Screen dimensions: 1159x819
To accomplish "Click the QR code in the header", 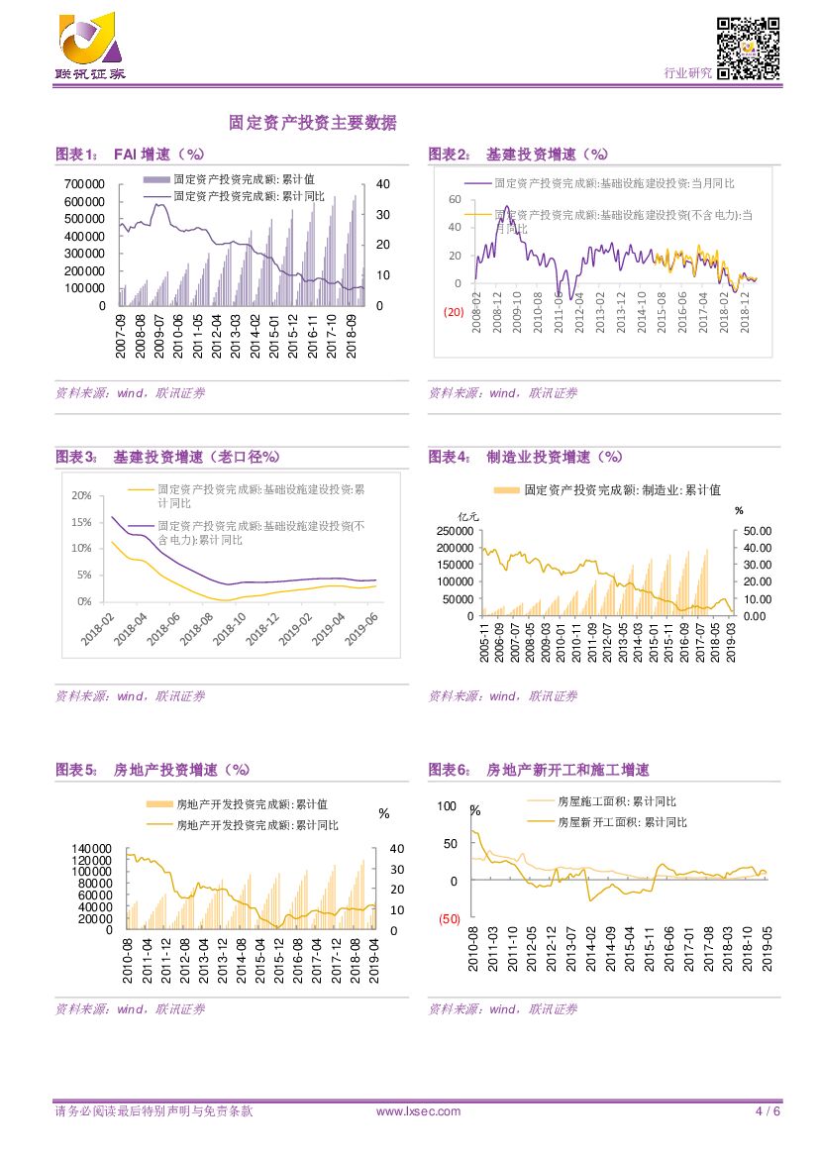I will pos(748,48).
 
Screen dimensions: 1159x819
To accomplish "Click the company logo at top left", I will pos(89,46).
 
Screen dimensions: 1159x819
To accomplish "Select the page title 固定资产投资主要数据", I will pos(312,124).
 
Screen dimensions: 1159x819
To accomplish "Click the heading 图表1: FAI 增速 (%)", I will pos(130,155).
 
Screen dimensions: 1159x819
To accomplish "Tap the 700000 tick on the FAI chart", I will pos(84,184).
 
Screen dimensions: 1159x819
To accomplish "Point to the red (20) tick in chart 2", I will pos(452,313).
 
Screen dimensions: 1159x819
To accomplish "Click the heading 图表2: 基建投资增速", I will pos(518,155).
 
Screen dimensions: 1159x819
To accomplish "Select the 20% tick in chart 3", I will pos(82,495).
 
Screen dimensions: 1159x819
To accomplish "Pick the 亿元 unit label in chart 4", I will pos(466,515).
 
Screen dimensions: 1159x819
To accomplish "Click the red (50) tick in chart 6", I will pos(450,919).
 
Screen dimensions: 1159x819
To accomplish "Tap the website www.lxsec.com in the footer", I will pos(418,1111).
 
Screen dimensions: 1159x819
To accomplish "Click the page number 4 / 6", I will pos(768,1111).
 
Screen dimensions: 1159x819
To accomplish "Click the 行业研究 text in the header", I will pos(686,73).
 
